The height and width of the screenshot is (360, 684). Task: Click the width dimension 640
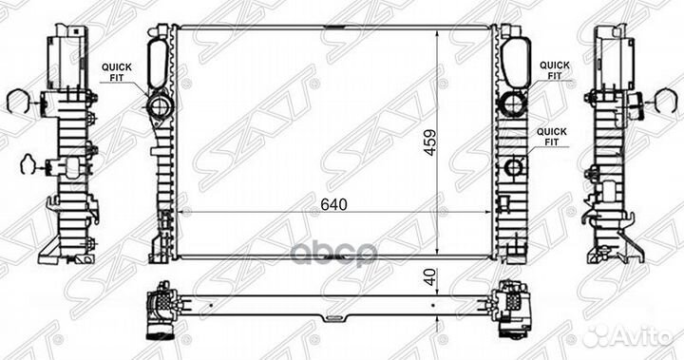coord(335,204)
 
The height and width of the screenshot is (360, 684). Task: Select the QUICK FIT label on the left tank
coord(118,71)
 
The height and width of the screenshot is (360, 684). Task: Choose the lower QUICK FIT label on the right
coord(555,136)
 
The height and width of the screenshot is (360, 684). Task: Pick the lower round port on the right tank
coord(514,168)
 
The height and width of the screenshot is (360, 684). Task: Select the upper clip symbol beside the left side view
coord(20,98)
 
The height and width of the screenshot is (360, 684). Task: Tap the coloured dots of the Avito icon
coord(598,333)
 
